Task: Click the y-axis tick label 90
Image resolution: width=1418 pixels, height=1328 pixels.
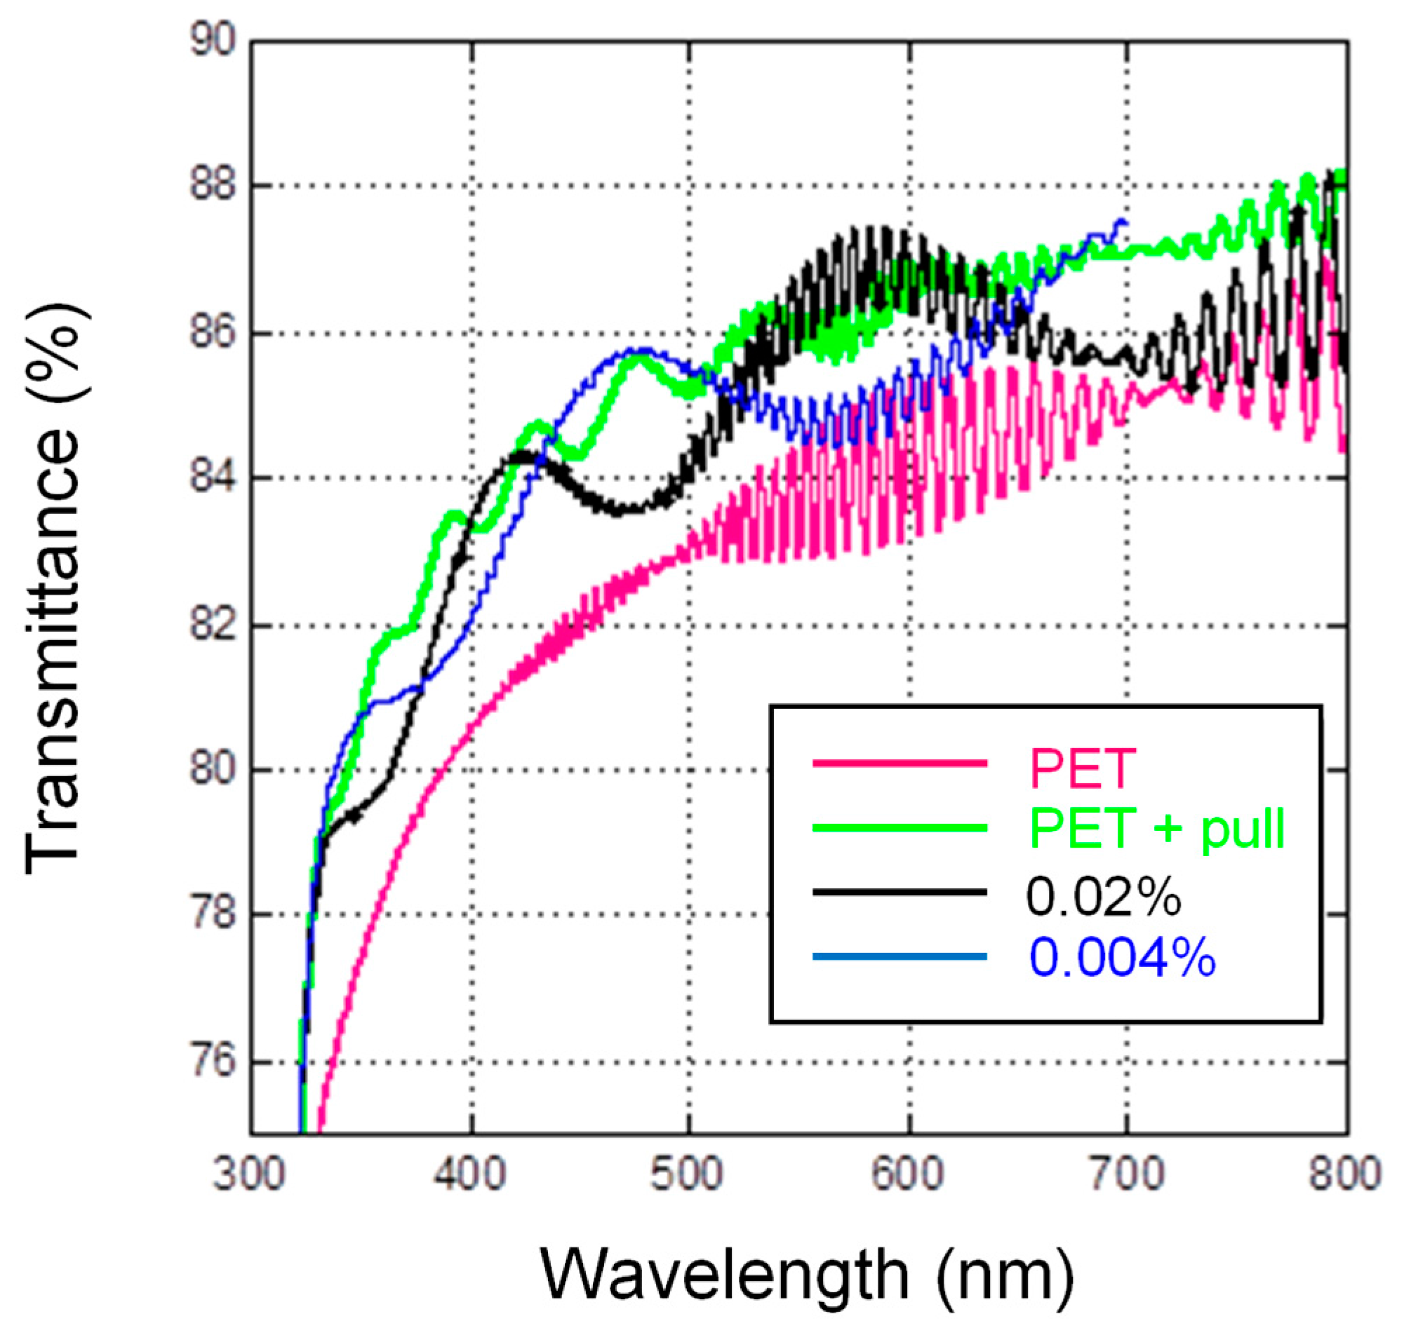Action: click(x=212, y=41)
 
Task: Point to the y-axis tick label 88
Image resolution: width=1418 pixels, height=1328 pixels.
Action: click(x=212, y=186)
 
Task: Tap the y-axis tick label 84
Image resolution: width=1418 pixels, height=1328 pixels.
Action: click(x=212, y=477)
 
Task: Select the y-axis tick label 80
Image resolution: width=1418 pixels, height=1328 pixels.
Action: click(x=212, y=770)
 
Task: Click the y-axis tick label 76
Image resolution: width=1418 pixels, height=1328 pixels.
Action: click(x=212, y=1062)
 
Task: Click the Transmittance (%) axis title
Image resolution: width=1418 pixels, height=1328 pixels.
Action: click(x=53, y=588)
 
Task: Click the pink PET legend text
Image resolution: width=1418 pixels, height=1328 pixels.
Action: click(x=1083, y=768)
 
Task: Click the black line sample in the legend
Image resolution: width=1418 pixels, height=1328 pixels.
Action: click(x=899, y=892)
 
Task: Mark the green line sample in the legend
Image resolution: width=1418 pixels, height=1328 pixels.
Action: click(x=899, y=827)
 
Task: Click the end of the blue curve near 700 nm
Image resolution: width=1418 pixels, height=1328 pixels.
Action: click(x=1125, y=222)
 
